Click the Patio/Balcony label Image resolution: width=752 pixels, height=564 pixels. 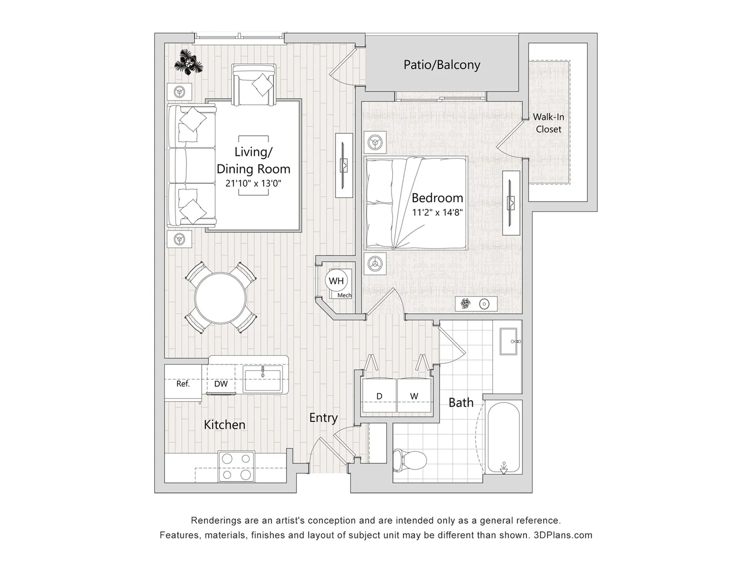tap(442, 65)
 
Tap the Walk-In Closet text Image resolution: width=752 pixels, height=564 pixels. tap(548, 123)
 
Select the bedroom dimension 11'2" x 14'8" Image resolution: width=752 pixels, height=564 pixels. tap(437, 213)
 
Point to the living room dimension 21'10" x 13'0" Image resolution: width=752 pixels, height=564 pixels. tap(253, 183)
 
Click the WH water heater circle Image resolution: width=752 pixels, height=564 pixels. tap(336, 281)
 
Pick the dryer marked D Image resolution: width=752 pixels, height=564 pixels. tap(379, 395)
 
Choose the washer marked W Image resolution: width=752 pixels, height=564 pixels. tap(414, 395)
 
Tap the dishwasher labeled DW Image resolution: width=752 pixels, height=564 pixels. tap(221, 384)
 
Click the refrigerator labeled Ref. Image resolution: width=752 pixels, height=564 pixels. tap(183, 383)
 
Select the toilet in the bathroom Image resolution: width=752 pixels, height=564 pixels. tap(410, 459)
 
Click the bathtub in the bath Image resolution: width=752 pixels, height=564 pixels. tap(503, 437)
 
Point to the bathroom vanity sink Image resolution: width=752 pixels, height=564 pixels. tap(509, 341)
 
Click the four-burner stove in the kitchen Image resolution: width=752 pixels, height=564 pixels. tap(236, 466)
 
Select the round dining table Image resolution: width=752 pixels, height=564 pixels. tap(221, 298)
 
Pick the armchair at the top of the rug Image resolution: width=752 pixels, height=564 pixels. tap(254, 85)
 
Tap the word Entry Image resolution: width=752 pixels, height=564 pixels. tap(323, 418)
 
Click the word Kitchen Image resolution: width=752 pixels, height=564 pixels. tap(224, 425)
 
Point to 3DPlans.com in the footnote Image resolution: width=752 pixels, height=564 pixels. tap(563, 535)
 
